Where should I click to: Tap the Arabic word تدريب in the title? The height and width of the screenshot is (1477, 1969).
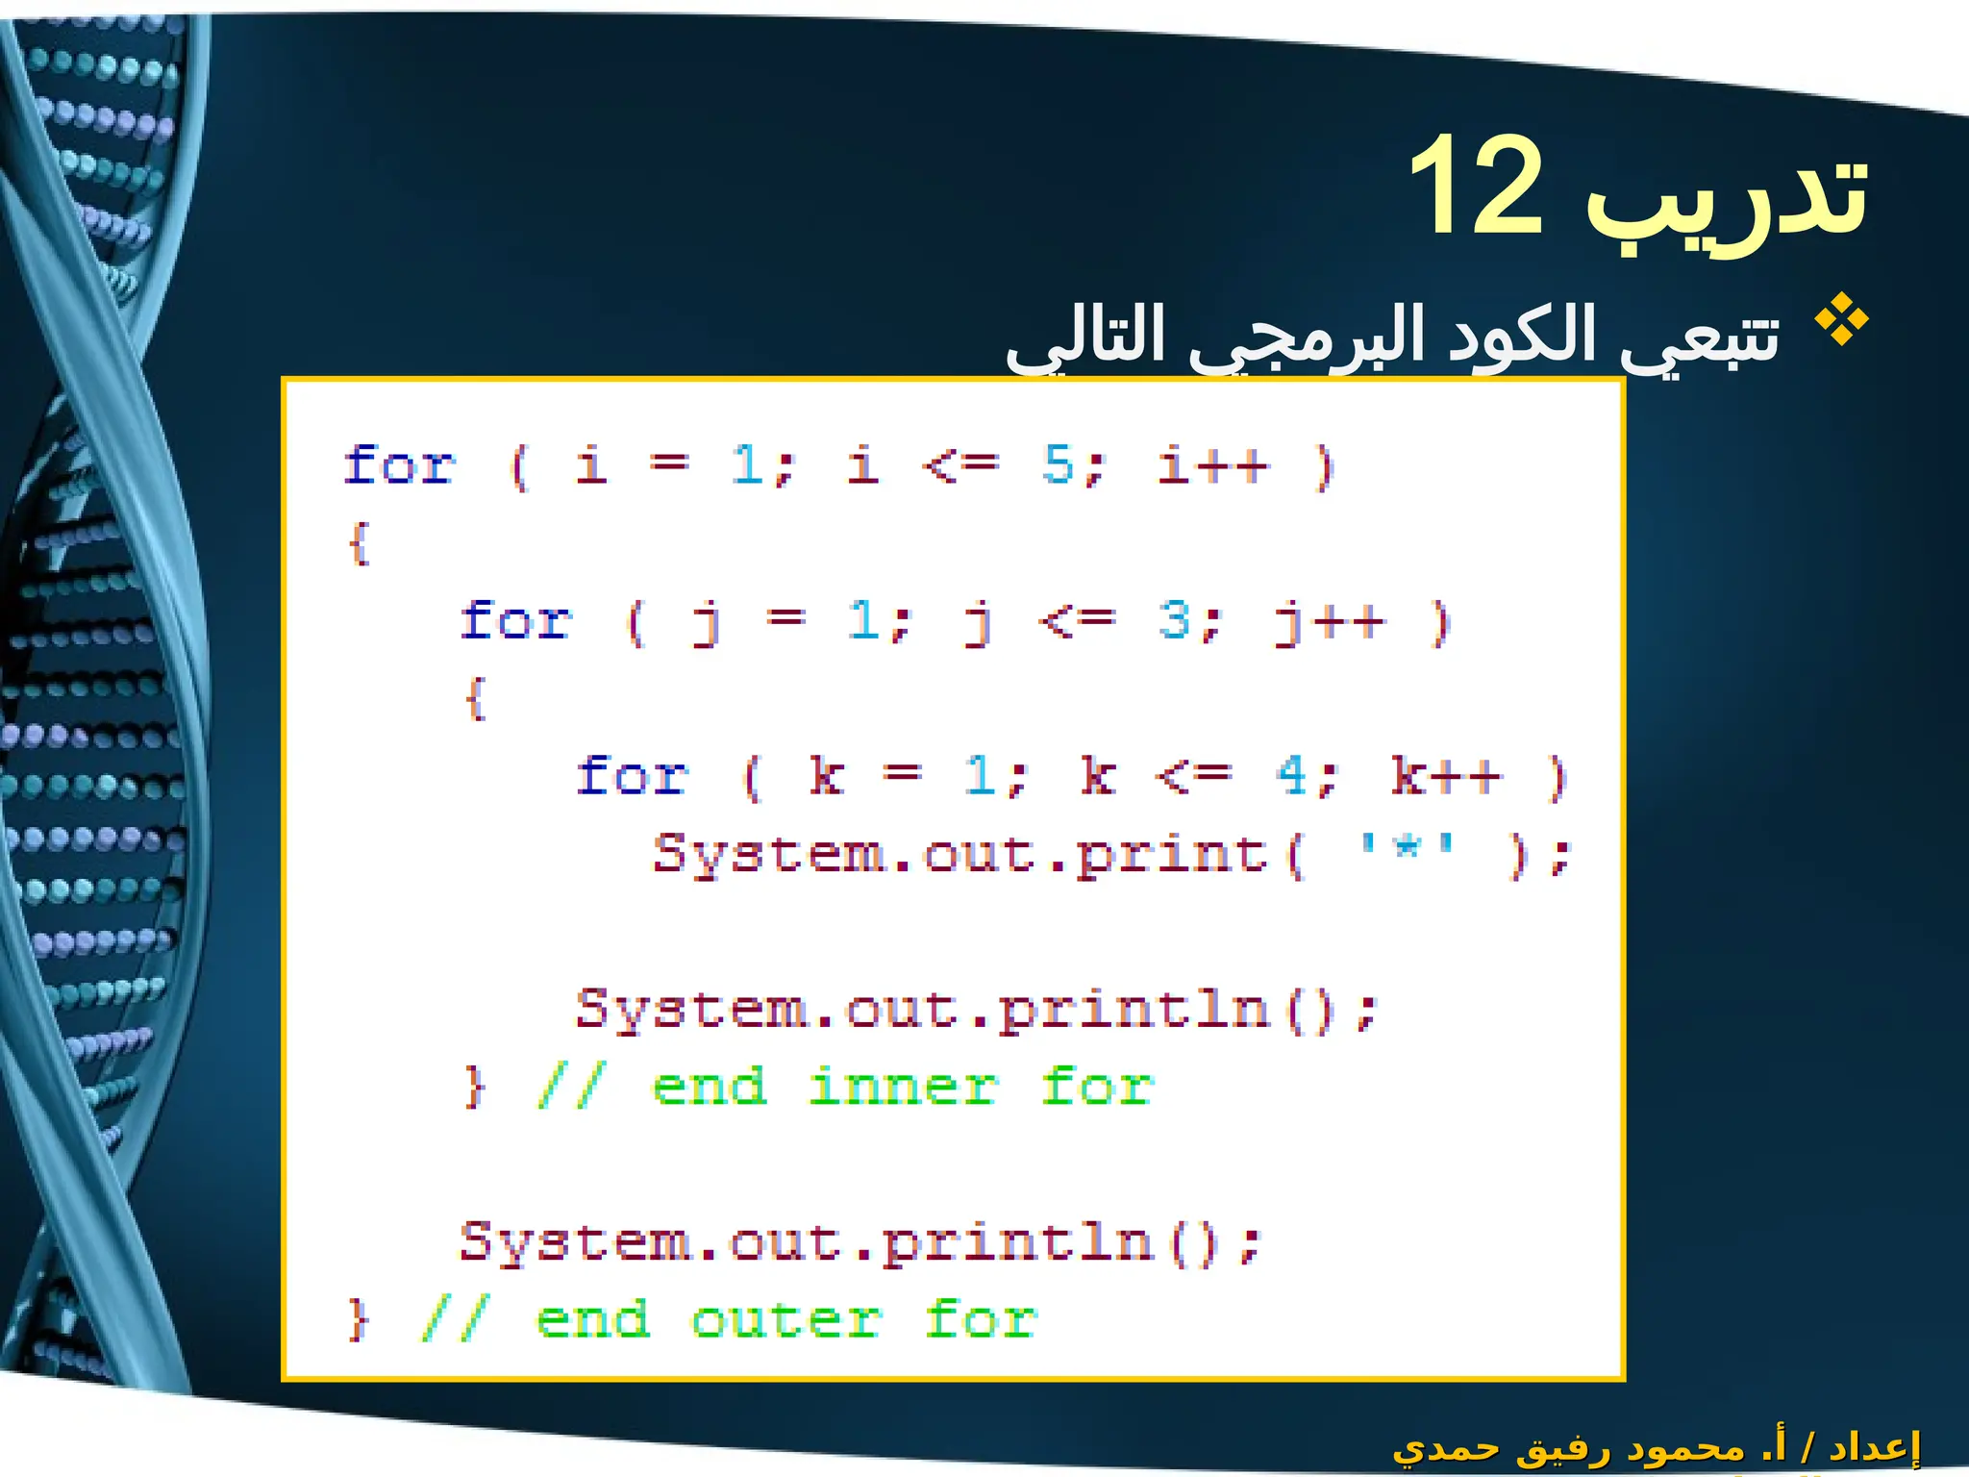1726,197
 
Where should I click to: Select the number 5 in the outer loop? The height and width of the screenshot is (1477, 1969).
1059,465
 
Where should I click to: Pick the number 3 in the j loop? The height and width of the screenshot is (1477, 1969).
1175,620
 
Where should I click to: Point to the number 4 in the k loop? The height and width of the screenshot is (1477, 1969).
1292,775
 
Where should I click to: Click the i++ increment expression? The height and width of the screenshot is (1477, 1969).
1213,465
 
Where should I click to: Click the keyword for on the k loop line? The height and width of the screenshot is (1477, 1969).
632,775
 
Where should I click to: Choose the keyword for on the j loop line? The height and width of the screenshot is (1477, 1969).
516,620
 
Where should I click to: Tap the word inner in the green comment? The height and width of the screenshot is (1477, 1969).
903,1088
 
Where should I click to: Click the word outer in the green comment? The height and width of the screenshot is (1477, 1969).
786,1320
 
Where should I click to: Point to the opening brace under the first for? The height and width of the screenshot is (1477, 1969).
359,543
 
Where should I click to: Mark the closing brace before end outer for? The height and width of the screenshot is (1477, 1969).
357,1320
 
